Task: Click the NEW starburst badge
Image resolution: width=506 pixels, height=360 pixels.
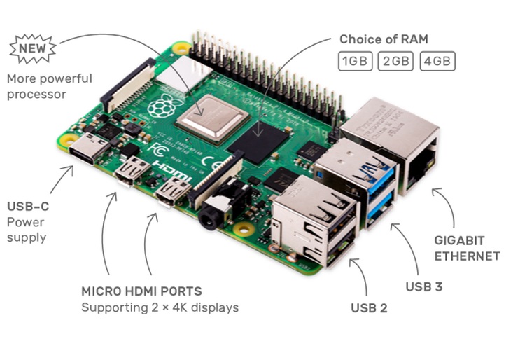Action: click(x=33, y=49)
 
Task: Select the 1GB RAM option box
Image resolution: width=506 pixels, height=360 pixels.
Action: click(x=355, y=61)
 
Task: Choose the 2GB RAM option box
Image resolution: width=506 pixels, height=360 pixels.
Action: click(x=395, y=61)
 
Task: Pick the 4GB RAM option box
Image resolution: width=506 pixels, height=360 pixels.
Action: click(x=437, y=61)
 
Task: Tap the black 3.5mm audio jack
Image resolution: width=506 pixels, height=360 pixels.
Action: click(x=220, y=207)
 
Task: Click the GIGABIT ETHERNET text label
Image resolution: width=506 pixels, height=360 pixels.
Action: click(x=467, y=248)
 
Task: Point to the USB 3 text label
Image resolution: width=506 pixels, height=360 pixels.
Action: click(x=423, y=286)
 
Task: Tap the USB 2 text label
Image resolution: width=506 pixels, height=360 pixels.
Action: click(x=369, y=308)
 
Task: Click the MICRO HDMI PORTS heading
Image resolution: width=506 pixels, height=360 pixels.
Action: click(x=141, y=291)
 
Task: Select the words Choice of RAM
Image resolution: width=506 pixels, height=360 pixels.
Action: click(x=384, y=39)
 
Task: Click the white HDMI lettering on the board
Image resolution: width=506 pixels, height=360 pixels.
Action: click(x=174, y=170)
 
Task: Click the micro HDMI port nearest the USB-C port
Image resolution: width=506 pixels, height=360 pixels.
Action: click(x=132, y=170)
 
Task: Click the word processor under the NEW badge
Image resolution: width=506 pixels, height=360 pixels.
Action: click(x=36, y=95)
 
